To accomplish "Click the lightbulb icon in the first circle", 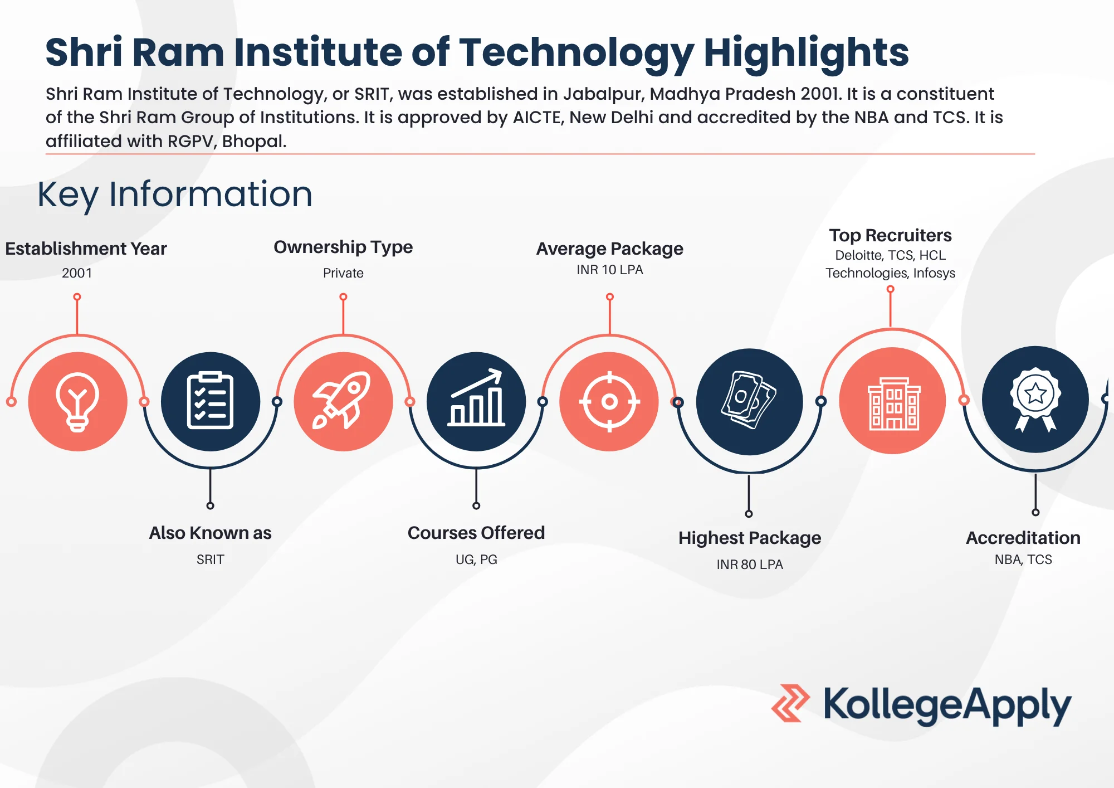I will pos(77,402).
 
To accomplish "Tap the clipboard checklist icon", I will pos(210,401).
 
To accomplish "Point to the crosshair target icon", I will pos(609,401).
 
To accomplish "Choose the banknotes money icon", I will pos(749,400).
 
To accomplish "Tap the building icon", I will pos(893,402).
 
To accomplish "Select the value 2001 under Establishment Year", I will pos(77,273).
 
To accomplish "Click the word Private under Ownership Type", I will pos(343,273).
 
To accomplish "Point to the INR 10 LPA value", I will pos(609,270).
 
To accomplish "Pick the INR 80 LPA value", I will pos(750,565).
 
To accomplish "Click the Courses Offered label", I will pos(476,533).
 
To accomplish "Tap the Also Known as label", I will pos(210,533).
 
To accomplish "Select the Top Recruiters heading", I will pos(890,235).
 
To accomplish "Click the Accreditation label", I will pos(1023,538).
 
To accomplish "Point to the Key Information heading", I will pos(175,194).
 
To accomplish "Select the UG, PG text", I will pos(476,560).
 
